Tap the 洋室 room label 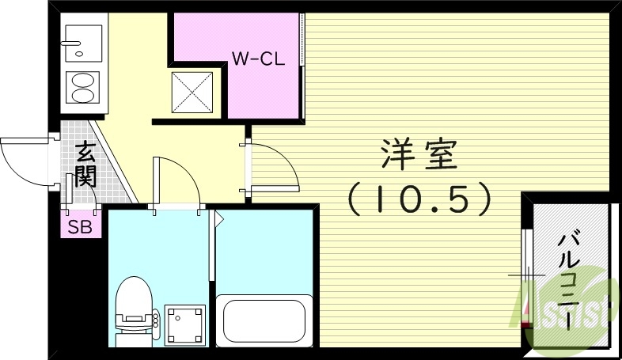[419, 155]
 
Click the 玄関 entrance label [85, 163]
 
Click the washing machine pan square [185, 324]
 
